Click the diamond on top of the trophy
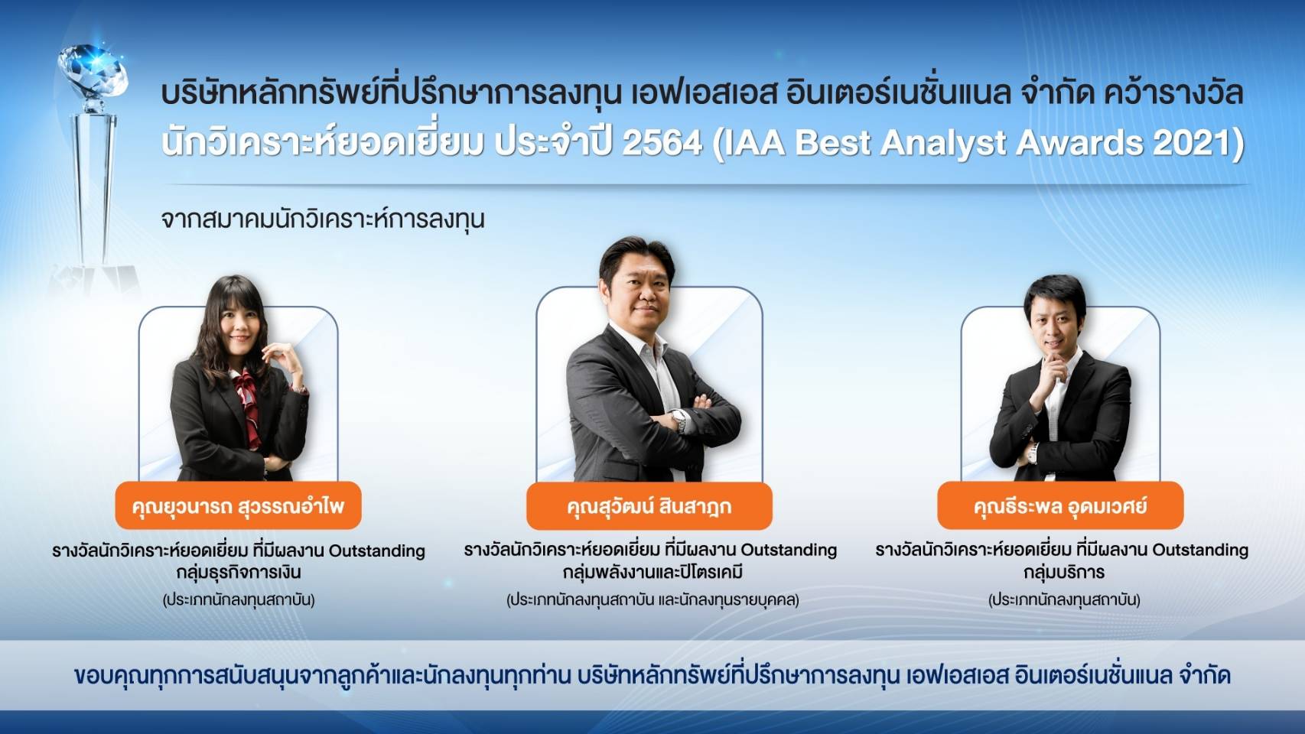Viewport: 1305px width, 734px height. (93, 70)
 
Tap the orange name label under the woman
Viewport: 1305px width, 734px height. (238, 505)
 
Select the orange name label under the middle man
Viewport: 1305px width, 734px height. (649, 505)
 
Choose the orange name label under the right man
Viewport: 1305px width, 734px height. (1060, 505)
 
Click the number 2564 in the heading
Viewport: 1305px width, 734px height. (662, 143)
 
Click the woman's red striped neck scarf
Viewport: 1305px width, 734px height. (248, 405)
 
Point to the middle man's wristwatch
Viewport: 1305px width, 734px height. (679, 420)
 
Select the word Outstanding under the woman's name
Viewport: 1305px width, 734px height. (377, 551)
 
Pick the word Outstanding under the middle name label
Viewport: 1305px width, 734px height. (789, 550)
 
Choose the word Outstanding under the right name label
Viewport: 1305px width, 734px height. (1200, 550)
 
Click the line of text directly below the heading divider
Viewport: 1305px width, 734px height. (323, 220)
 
